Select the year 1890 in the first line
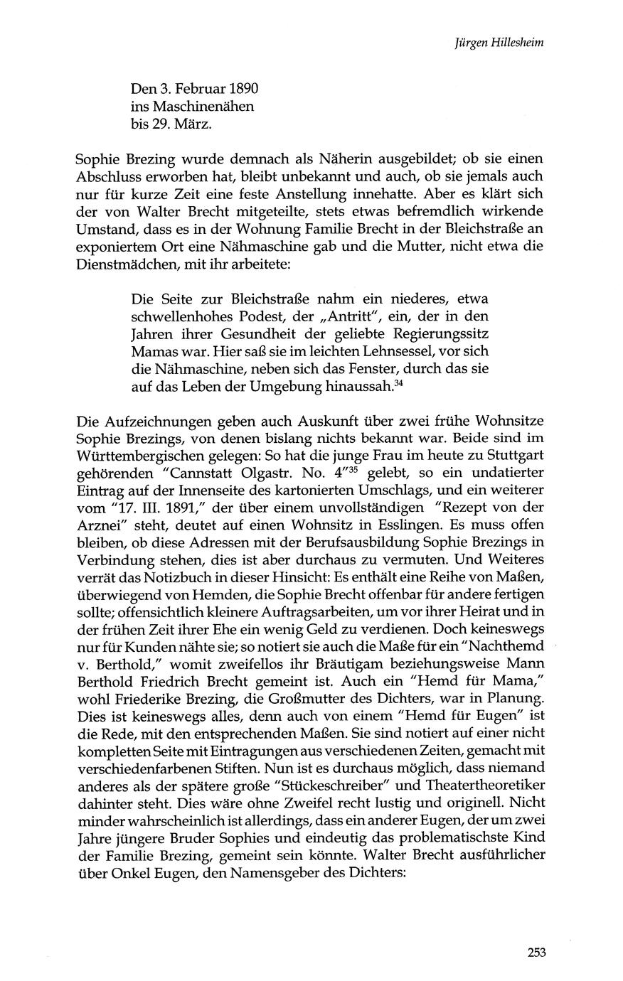[x=243, y=90]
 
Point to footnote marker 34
[x=400, y=383]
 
